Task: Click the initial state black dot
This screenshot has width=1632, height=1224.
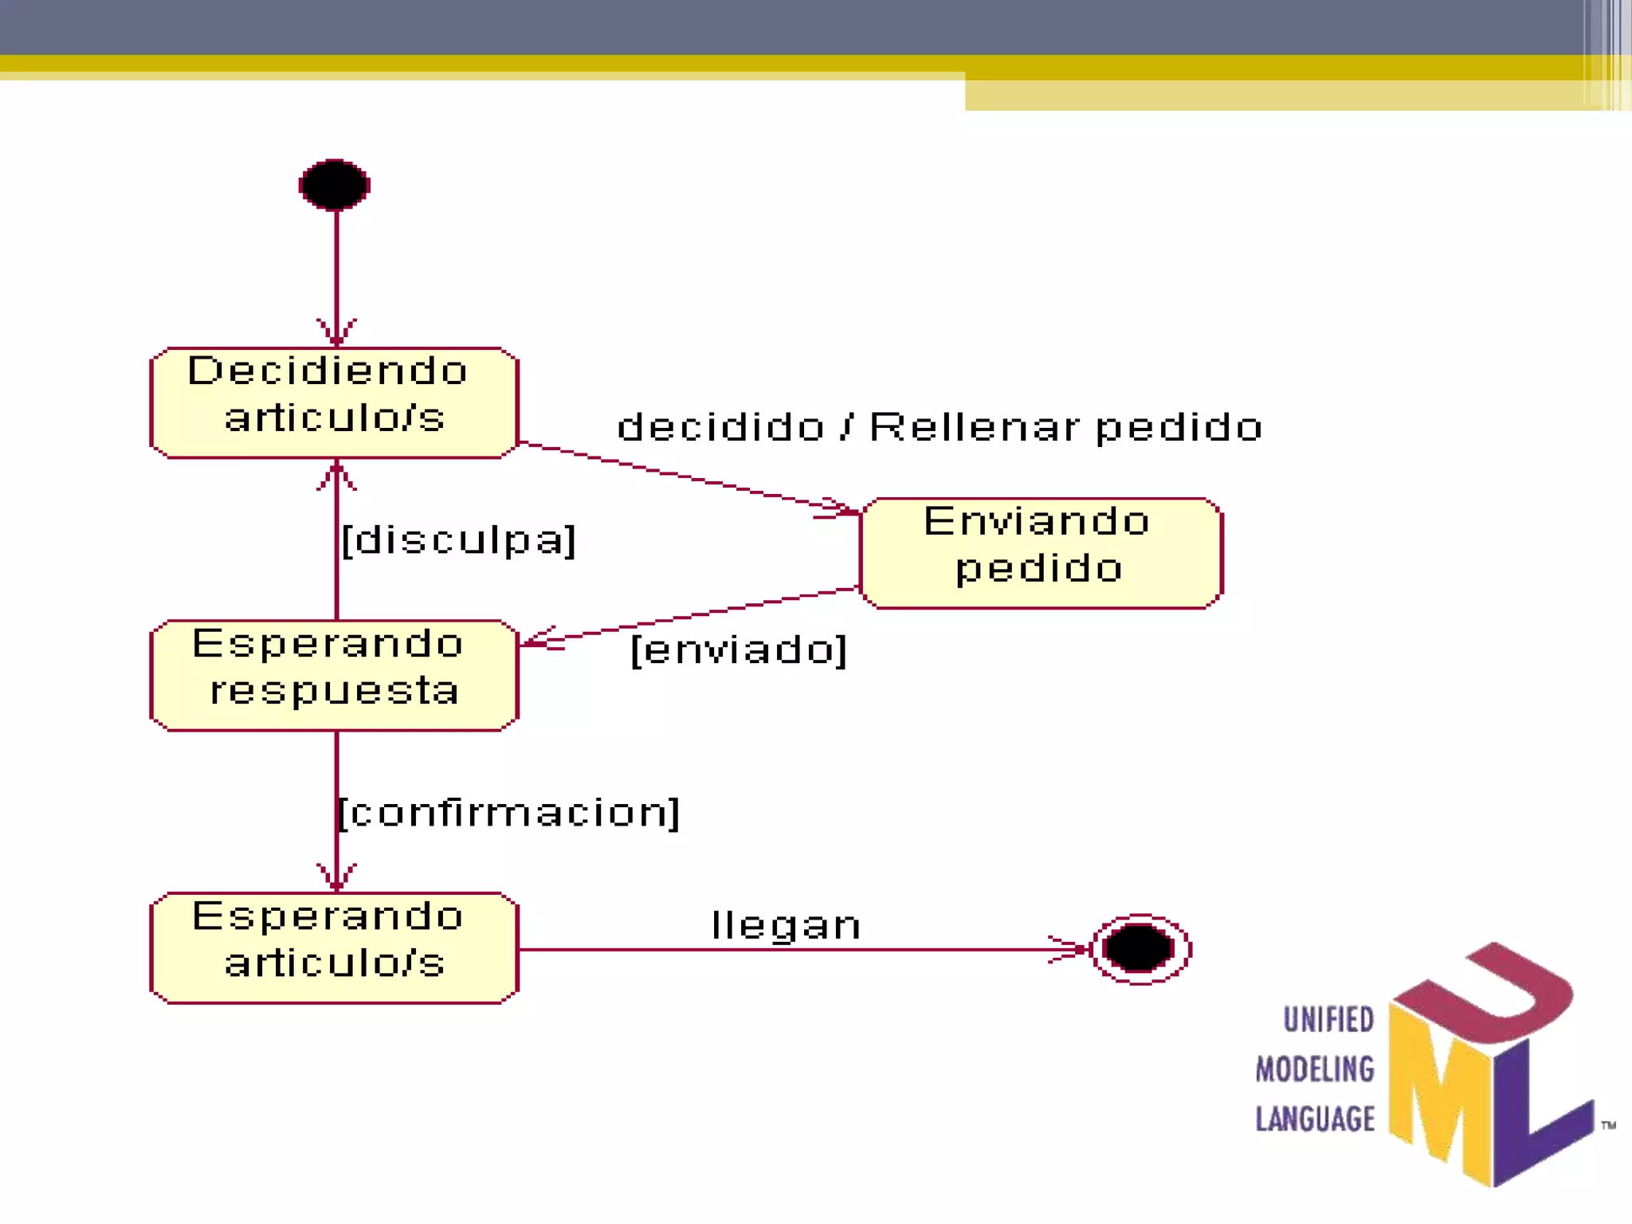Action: tap(335, 185)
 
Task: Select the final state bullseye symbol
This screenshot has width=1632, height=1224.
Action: tap(1140, 949)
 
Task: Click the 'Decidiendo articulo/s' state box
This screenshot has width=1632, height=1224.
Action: tap(335, 402)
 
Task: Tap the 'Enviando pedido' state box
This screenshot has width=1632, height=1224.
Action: tap(1041, 553)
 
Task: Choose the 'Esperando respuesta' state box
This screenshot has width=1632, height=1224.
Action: tap(335, 675)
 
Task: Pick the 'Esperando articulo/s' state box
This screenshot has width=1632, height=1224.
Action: tap(335, 947)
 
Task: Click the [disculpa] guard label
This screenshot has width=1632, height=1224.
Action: tap(458, 540)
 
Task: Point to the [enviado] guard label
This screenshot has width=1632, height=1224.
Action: tap(738, 650)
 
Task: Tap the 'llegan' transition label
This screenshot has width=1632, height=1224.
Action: tap(786, 926)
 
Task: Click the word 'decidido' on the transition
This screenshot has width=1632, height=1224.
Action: tap(720, 427)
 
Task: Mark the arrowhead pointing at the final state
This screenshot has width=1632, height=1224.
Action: tap(1072, 949)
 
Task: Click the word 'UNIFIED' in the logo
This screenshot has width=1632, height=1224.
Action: tap(1328, 1020)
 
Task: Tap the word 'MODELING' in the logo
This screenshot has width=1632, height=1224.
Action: tap(1315, 1069)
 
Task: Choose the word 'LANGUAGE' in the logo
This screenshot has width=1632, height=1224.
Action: tap(1315, 1119)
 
